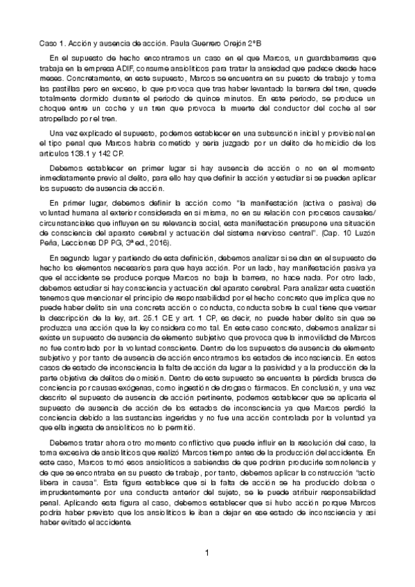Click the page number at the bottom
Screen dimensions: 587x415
coord(207,554)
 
